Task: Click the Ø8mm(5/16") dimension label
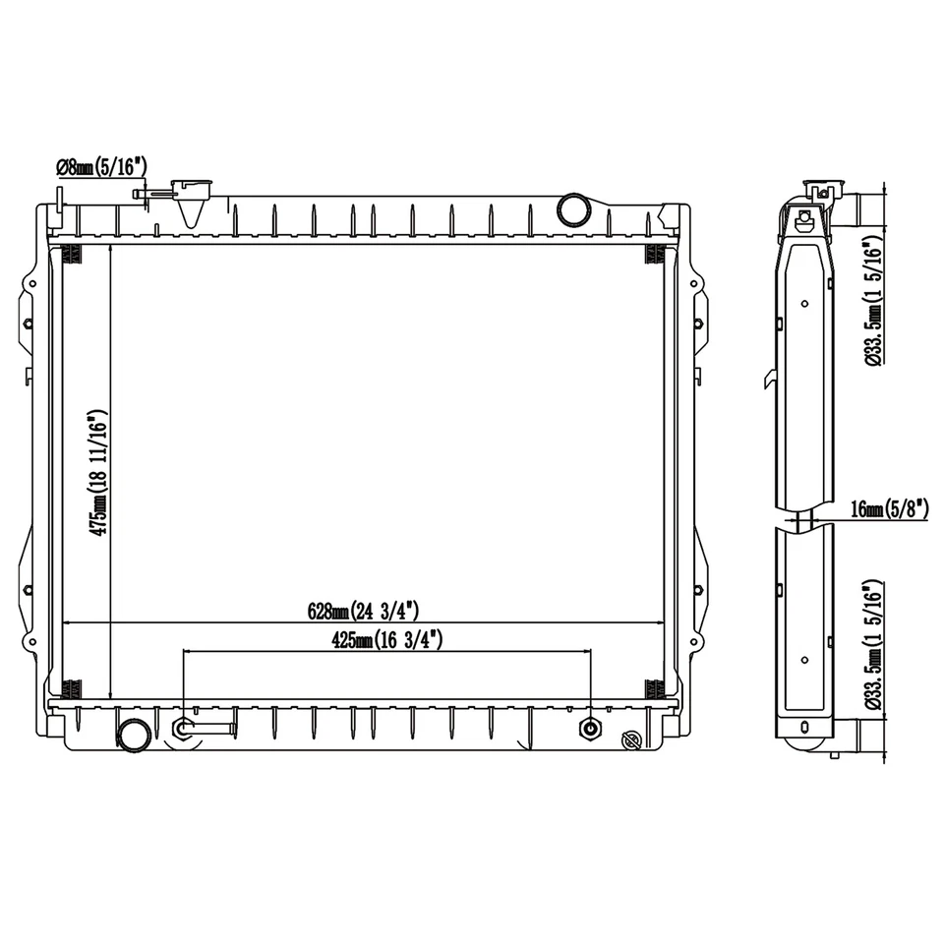coord(101,168)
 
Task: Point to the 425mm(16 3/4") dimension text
coord(387,640)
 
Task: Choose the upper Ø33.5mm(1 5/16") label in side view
coord(873,300)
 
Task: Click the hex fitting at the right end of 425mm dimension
coord(590,729)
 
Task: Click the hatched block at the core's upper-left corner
coord(72,254)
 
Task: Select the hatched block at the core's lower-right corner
coord(653,687)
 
